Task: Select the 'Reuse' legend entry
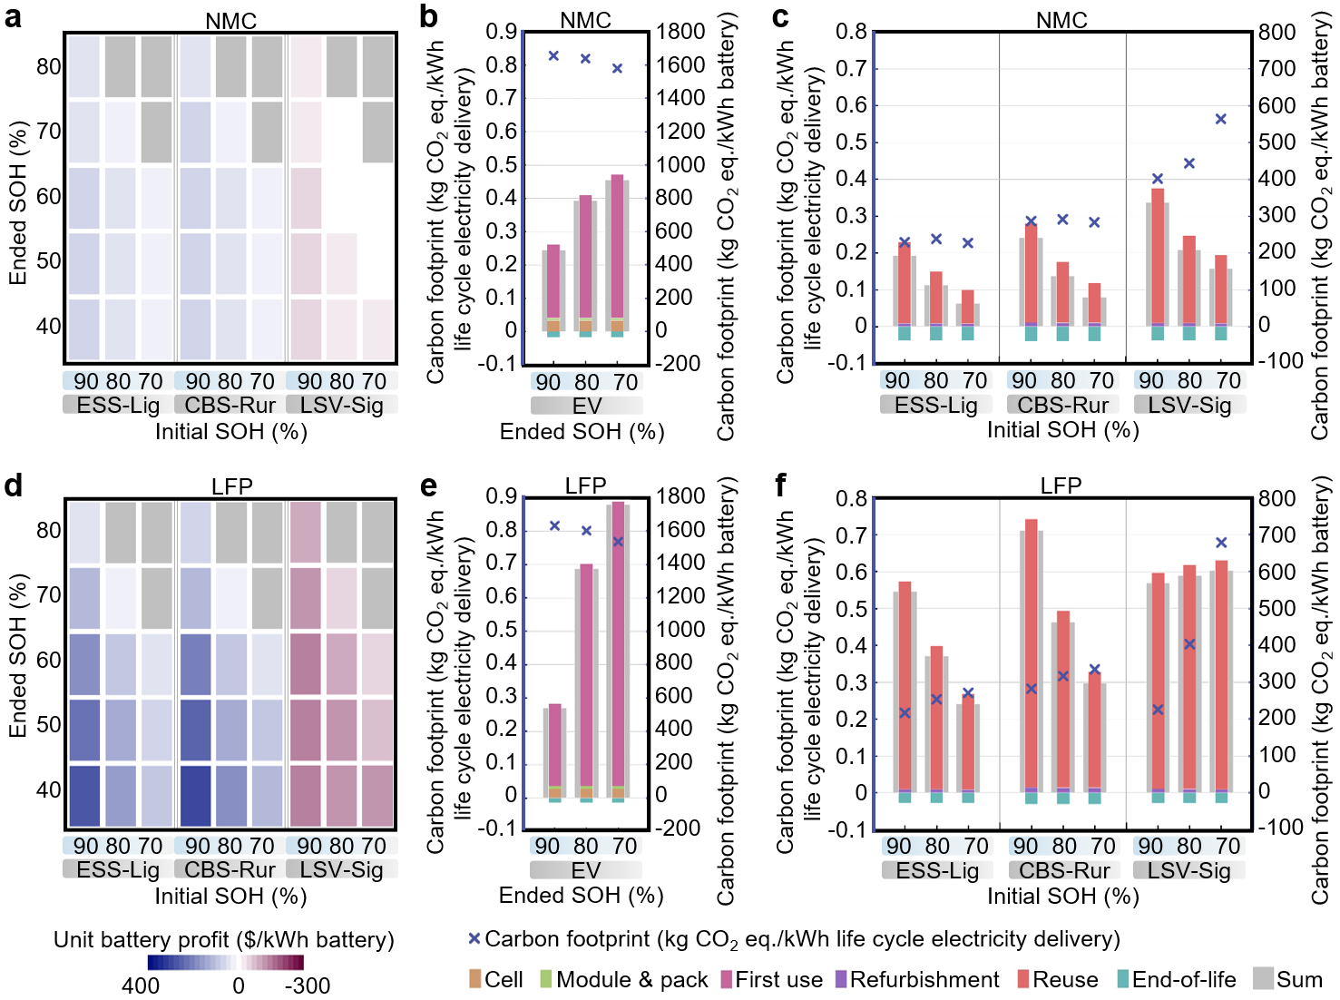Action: click(1057, 980)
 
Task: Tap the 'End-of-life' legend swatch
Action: click(1123, 979)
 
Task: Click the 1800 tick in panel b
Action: click(680, 32)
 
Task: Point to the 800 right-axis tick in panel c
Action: click(1277, 33)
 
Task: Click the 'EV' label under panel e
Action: click(586, 870)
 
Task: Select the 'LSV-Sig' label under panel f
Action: click(1189, 870)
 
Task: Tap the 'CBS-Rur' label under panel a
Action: click(230, 405)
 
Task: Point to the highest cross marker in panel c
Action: click(1221, 119)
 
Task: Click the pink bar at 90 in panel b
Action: click(553, 281)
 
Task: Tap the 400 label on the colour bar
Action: click(141, 985)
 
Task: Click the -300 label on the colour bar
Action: click(308, 985)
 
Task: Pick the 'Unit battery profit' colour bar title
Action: click(224, 939)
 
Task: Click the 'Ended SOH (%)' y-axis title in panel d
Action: click(17, 655)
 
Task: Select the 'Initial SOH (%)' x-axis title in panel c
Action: click(1062, 429)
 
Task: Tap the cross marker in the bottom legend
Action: click(474, 938)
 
